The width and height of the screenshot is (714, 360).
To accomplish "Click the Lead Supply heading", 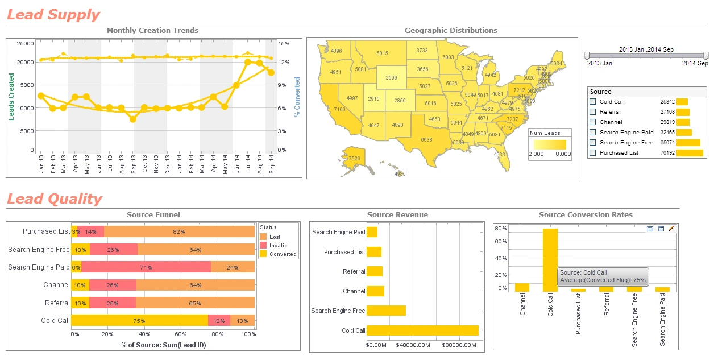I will click(x=53, y=15).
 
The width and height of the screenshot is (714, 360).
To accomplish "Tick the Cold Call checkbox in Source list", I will click(x=593, y=102).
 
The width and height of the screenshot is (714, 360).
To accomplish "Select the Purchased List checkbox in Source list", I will click(x=593, y=153).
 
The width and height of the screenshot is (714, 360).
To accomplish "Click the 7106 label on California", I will click(x=339, y=109).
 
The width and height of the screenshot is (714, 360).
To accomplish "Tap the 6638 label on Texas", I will click(x=426, y=139).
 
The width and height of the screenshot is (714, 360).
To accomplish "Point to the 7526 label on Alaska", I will click(x=354, y=158).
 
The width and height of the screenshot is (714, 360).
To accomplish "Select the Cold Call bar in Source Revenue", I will click(x=422, y=330).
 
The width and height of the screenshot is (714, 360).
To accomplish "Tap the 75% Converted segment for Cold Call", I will click(x=139, y=321).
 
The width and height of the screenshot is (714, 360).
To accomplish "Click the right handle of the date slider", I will click(x=705, y=55).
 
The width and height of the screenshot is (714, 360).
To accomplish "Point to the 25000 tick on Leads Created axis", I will click(x=25, y=43).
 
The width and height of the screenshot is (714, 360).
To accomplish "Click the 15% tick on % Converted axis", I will click(x=284, y=43).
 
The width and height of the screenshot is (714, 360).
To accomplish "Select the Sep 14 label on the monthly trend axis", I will click(x=272, y=163).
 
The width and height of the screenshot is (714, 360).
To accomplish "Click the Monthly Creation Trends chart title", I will click(x=152, y=31).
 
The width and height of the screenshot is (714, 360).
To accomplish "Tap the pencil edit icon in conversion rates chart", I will click(x=671, y=229).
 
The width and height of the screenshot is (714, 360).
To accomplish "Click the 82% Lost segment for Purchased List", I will click(x=179, y=231).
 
